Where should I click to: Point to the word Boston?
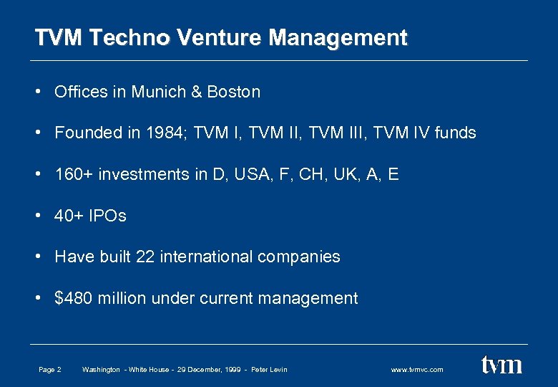[234, 92]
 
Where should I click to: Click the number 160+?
[75, 174]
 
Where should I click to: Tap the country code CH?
[336, 174]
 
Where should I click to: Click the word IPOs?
[107, 216]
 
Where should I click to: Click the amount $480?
[74, 298]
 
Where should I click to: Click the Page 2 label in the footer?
[49, 370]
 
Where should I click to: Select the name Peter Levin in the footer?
[269, 370]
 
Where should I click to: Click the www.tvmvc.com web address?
[417, 370]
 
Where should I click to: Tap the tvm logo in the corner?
[501, 365]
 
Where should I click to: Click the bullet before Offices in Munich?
[36, 92]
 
